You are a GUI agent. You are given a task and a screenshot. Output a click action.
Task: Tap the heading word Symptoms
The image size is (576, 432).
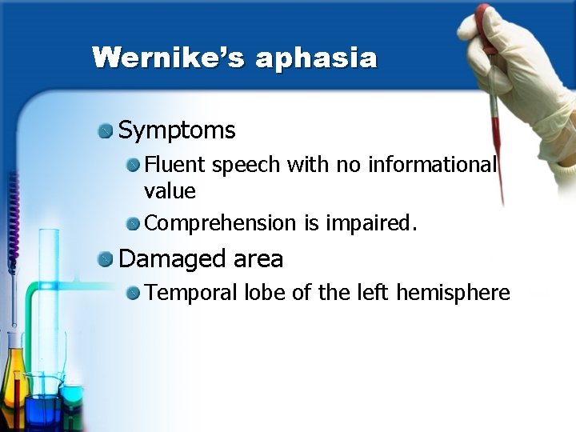[177, 130]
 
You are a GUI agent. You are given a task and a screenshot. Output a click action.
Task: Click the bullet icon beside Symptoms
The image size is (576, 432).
[106, 130]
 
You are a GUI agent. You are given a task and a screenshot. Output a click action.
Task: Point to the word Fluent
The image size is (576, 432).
[168, 165]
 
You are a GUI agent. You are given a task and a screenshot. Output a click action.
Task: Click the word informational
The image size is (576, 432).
[432, 165]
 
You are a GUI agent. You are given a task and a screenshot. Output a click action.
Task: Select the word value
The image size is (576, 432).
[170, 190]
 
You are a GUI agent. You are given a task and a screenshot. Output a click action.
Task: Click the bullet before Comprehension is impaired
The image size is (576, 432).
[133, 223]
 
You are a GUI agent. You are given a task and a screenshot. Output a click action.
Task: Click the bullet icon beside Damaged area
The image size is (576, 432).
[106, 259]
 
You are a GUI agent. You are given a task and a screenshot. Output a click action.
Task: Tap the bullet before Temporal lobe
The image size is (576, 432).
[133, 294]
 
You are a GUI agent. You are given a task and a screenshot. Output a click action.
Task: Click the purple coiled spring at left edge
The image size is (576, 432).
[12, 216]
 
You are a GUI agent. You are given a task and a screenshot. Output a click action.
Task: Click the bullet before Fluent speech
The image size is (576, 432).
[133, 166]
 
